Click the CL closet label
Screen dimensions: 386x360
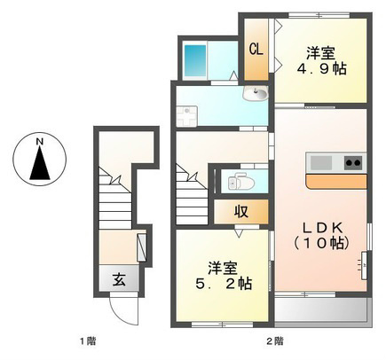[256, 49]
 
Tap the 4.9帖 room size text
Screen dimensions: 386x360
[321, 69]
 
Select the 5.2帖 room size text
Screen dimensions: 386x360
[224, 284]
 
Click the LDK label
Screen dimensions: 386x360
[322, 228]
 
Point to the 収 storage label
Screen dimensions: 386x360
[241, 212]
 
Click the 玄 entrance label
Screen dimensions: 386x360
[119, 279]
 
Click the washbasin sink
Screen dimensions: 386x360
[256, 93]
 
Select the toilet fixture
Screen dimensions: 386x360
[241, 184]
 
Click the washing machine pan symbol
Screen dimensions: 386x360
[186, 115]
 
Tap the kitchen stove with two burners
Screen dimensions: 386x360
[354, 162]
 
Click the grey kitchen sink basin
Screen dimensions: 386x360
[320, 162]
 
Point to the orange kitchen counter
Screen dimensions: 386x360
[336, 182]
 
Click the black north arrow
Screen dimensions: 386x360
[40, 164]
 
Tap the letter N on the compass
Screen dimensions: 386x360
[40, 142]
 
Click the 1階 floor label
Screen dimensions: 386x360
[88, 341]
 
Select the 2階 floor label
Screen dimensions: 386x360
[275, 341]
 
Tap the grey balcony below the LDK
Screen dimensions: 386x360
[322, 311]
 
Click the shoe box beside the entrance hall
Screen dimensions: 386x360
[142, 247]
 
